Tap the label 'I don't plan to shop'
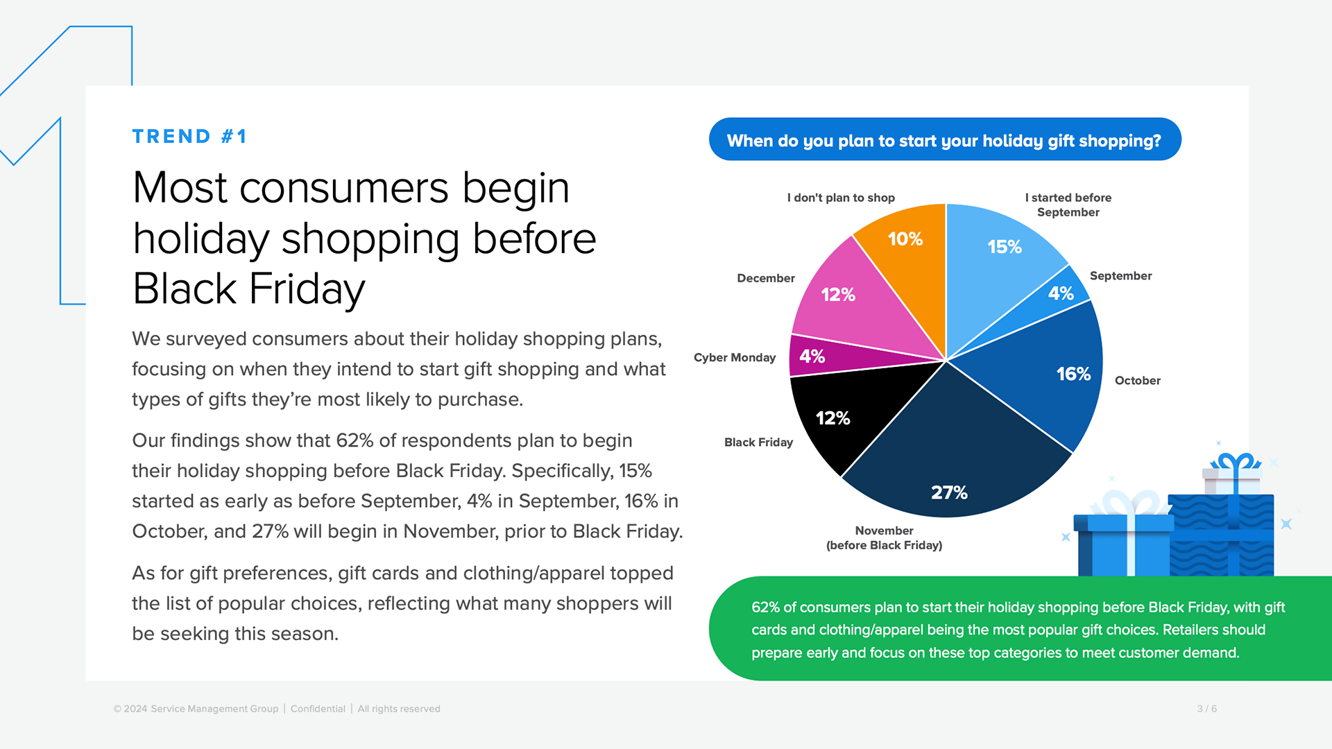841,198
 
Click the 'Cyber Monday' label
735,357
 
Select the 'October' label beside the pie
1138,380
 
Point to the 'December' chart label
766,278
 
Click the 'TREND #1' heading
189,136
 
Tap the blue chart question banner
945,139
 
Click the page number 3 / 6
1206,709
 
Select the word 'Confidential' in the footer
318,709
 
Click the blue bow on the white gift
1236,463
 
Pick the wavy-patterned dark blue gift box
1221,535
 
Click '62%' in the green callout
765,608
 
